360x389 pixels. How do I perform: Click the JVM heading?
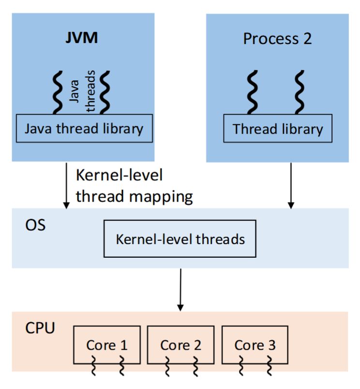pyautogui.click(x=82, y=38)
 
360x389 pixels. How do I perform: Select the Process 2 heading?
pyautogui.click(x=277, y=39)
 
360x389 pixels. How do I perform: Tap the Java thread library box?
pyautogui.click(x=84, y=128)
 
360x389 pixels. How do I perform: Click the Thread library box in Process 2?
pyautogui.click(x=277, y=129)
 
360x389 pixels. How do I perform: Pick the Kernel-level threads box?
pyautogui.click(x=180, y=239)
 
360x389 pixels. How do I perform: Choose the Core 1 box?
pyautogui.click(x=107, y=345)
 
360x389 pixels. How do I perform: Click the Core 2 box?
pyautogui.click(x=180, y=345)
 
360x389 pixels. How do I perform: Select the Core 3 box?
pyautogui.click(x=255, y=345)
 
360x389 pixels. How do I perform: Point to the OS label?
pyautogui.click(x=34, y=225)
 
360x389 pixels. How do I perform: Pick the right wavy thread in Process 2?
pyautogui.click(x=300, y=92)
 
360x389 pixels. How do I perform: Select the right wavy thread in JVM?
pyautogui.click(x=105, y=92)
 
